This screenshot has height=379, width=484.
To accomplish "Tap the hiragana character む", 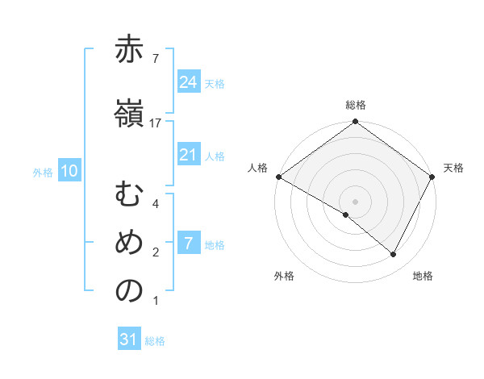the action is pyautogui.click(x=129, y=197).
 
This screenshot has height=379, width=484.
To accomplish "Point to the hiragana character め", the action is pyautogui.click(x=129, y=244).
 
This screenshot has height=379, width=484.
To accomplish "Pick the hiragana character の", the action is pyautogui.click(x=129, y=293).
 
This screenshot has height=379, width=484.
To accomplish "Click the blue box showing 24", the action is pyautogui.click(x=188, y=82).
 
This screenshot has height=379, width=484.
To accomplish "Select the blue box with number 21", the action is pyautogui.click(x=188, y=156).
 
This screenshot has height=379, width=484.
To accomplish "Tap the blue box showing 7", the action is pyautogui.click(x=188, y=244).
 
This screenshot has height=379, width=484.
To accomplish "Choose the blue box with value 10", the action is pyautogui.click(x=69, y=171).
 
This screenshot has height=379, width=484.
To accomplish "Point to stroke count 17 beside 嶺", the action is pyautogui.click(x=156, y=123).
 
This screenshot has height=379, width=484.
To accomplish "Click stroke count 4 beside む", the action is pyautogui.click(x=156, y=204).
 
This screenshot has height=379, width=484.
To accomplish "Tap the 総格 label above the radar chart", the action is pyautogui.click(x=355, y=105).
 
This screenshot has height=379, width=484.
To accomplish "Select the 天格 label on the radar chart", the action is pyautogui.click(x=453, y=168).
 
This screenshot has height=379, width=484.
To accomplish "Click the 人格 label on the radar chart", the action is pyautogui.click(x=257, y=168).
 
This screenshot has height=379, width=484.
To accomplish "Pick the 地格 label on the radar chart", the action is pyautogui.click(x=423, y=277).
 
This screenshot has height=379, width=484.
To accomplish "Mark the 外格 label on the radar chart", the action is pyautogui.click(x=284, y=277).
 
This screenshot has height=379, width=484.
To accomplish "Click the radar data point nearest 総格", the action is pyautogui.click(x=355, y=123).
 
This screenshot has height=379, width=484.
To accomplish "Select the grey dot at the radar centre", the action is pyautogui.click(x=355, y=201).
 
